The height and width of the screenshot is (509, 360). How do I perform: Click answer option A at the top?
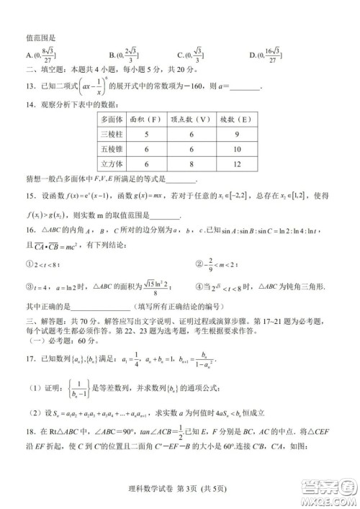(30, 53)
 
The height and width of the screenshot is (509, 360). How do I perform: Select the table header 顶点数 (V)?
(189, 120)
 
